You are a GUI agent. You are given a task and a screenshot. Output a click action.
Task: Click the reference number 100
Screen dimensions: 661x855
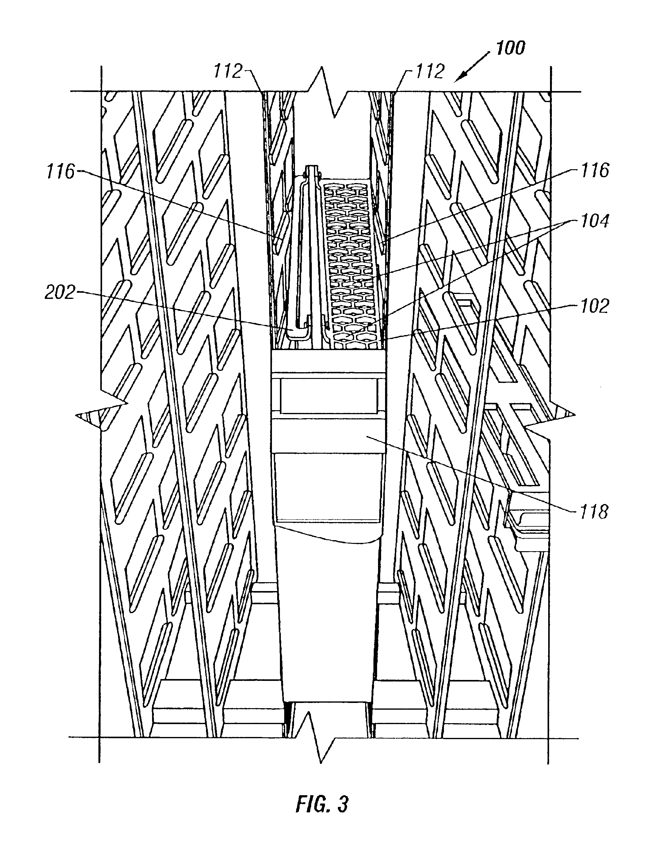point(510,48)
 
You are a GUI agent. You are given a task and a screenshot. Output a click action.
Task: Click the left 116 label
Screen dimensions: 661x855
point(60,172)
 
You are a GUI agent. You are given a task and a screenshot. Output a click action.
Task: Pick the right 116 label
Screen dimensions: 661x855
point(595,170)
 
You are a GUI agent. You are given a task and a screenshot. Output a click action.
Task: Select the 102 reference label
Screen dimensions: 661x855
point(595,306)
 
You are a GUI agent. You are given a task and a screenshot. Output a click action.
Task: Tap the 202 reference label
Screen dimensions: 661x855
point(60,292)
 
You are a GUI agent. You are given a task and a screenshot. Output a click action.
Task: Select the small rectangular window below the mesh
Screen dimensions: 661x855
point(329,396)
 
